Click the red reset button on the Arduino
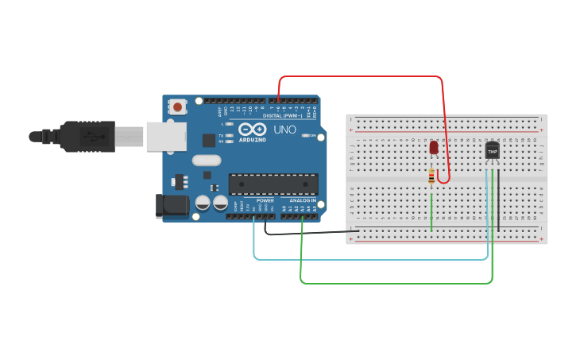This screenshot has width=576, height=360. coord(178,106)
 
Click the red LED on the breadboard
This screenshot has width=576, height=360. coord(433,148)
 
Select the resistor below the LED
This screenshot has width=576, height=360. coord(431,176)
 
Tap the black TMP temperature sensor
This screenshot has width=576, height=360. coord(492,150)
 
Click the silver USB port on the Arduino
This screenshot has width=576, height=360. coord(164,136)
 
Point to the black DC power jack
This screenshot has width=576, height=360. coord(172,206)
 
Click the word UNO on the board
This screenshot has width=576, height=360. coord(284,129)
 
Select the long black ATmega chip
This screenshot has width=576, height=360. coord(273,184)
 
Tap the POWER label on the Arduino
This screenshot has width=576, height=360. coord(265,200)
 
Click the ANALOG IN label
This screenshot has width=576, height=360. coord(302,200)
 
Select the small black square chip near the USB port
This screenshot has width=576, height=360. coord(209,140)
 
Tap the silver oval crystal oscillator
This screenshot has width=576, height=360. coord(206,160)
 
